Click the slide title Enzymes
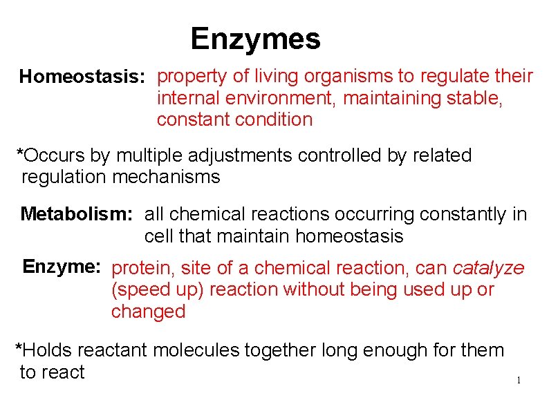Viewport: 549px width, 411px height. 255,39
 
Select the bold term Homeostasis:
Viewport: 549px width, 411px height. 82,77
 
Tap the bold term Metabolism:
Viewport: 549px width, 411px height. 76,214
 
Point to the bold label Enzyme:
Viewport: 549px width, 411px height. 62,267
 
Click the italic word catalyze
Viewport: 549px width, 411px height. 488,268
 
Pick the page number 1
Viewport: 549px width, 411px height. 518,381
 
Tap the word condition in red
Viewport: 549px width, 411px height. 274,120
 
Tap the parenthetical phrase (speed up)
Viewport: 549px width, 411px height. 157,289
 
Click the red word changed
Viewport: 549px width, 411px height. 149,312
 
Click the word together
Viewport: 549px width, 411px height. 285,351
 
